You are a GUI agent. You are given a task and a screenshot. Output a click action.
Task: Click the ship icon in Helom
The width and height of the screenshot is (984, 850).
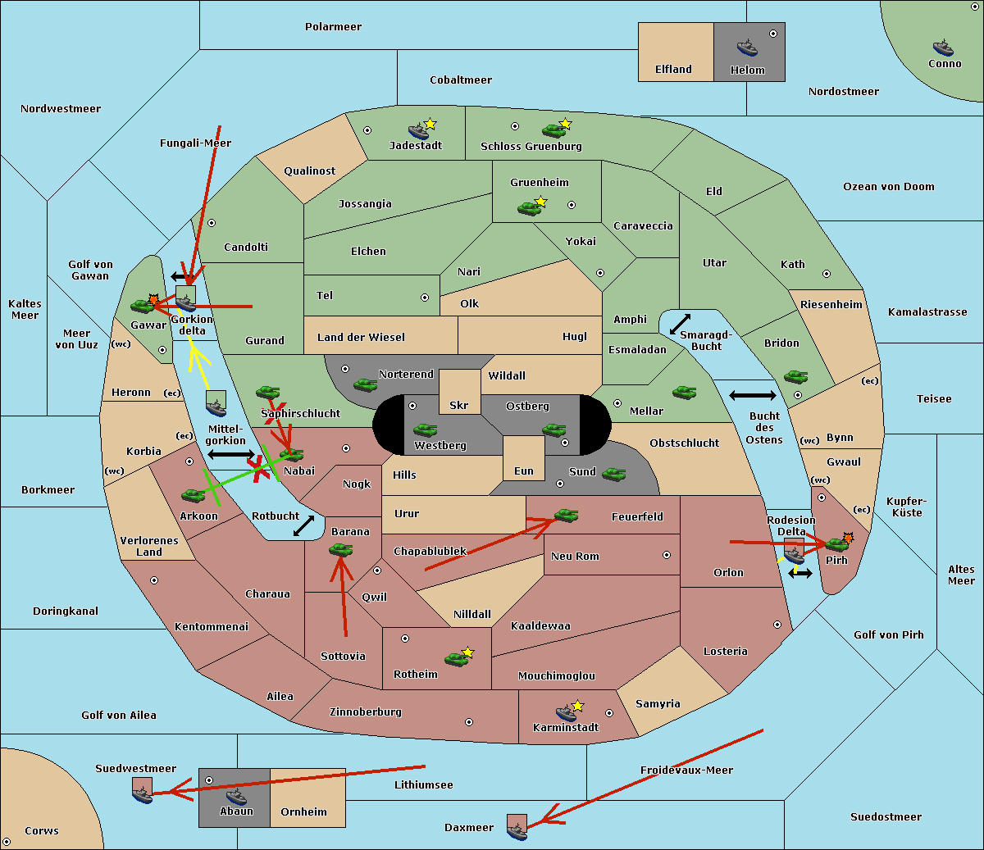click(747, 48)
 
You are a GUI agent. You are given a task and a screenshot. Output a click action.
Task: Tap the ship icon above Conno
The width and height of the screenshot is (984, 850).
click(943, 48)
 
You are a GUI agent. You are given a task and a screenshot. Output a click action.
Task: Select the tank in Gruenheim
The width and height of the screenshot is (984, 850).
click(530, 208)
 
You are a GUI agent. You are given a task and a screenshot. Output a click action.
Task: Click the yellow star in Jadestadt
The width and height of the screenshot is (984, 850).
click(430, 124)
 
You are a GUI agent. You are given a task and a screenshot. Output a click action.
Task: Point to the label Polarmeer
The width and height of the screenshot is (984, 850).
click(333, 27)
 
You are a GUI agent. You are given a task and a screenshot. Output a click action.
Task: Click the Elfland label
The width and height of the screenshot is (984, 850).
click(673, 70)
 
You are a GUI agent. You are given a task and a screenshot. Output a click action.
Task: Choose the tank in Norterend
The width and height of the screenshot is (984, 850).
click(365, 384)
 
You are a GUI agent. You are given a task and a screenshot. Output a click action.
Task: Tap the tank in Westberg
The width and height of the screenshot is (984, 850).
click(425, 430)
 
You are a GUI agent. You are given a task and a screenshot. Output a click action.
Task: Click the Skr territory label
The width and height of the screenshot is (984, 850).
click(459, 405)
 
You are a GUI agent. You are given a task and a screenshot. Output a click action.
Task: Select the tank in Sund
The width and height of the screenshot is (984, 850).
click(613, 474)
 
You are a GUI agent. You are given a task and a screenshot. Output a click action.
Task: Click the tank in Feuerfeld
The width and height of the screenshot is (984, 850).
click(566, 516)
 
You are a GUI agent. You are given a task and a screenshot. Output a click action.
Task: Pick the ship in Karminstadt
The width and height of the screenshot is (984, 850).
click(566, 713)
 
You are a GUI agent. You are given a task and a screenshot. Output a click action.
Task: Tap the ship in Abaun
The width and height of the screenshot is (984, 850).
click(236, 797)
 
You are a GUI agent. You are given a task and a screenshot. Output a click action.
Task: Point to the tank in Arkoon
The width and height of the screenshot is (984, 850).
click(194, 495)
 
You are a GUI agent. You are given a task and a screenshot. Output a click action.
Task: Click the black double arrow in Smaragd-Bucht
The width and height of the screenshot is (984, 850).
click(680, 324)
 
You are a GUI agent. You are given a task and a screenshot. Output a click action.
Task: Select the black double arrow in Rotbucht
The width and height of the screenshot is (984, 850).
click(303, 526)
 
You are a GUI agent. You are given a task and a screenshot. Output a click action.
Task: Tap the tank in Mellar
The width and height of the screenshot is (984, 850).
click(685, 392)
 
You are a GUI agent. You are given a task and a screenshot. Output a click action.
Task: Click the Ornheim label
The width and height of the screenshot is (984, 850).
click(303, 812)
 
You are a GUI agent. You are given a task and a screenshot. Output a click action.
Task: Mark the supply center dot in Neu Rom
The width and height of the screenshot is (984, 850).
click(667, 555)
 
